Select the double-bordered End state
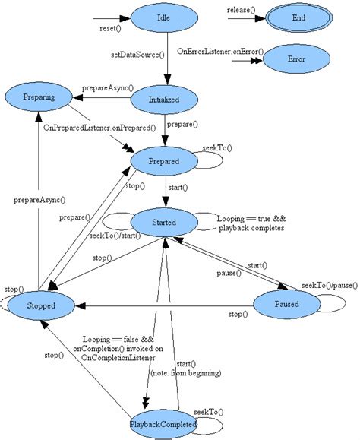coord(298,17)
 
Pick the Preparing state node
coord(38,97)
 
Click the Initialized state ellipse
coord(164,99)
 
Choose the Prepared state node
coord(164,161)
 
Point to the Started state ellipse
coord(164,223)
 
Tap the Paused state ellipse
coord(286,305)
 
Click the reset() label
coord(112,28)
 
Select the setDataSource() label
coord(135,56)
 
